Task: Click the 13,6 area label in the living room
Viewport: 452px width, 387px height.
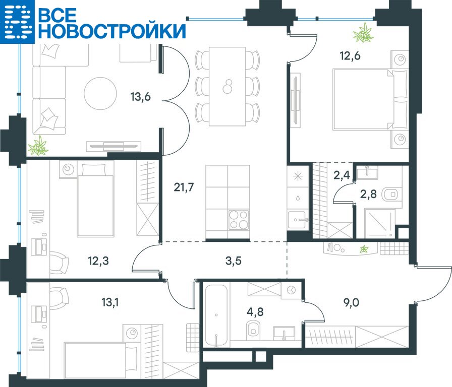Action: (x=140, y=97)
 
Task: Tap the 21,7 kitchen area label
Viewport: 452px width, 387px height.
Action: (x=184, y=187)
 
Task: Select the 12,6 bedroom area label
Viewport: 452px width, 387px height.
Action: (x=350, y=55)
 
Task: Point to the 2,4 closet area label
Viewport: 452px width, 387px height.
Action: (x=342, y=175)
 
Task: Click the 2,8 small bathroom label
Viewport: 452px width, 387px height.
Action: (x=368, y=194)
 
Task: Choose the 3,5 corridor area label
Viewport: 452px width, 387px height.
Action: (x=233, y=261)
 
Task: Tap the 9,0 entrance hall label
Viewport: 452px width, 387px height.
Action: (x=352, y=303)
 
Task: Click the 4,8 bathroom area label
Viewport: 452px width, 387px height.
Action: (x=255, y=311)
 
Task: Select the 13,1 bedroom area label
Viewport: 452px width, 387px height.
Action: (x=110, y=303)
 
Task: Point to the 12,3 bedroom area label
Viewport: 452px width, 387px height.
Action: (x=98, y=261)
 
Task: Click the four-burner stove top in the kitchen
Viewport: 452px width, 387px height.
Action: (x=239, y=220)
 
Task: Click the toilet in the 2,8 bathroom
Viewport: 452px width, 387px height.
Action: (x=390, y=195)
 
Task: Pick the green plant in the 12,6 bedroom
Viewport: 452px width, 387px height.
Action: (x=363, y=33)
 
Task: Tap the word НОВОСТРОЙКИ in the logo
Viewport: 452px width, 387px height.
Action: (x=112, y=31)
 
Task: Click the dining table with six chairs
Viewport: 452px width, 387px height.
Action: (x=228, y=86)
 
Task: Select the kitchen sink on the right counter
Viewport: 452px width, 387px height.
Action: (x=298, y=220)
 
